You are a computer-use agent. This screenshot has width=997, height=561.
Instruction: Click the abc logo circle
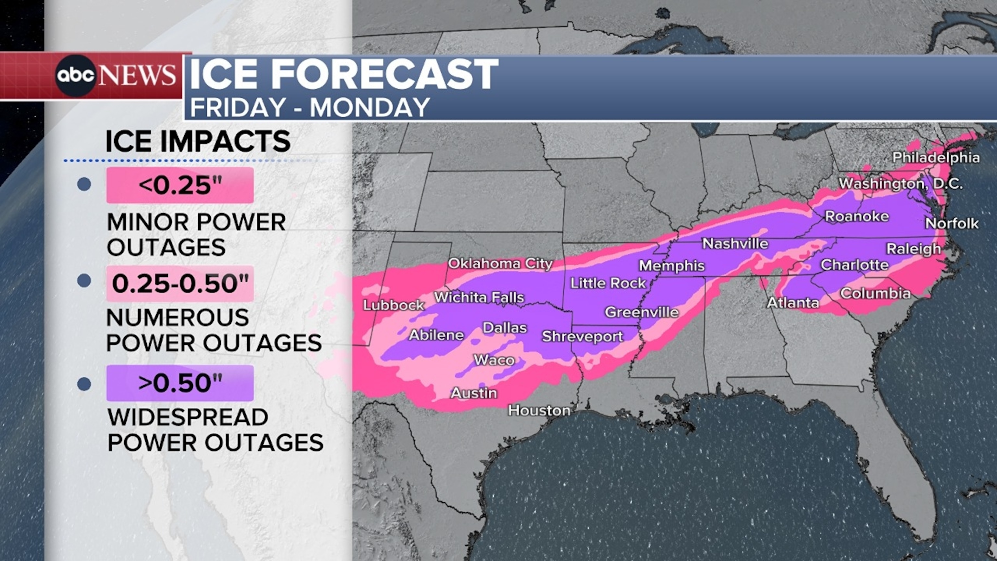tap(76, 76)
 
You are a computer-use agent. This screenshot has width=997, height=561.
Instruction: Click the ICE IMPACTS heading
tap(198, 141)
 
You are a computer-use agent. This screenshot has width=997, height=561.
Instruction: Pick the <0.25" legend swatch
tap(180, 185)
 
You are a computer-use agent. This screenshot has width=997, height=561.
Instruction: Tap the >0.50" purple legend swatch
tap(180, 383)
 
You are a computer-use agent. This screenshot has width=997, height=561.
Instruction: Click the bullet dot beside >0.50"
tap(84, 384)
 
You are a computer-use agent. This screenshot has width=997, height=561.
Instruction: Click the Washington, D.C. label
tap(900, 183)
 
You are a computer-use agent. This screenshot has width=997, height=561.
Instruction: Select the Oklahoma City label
tap(500, 264)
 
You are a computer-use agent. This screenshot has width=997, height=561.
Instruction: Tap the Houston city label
tap(539, 410)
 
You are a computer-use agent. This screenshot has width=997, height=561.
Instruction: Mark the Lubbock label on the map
tap(394, 305)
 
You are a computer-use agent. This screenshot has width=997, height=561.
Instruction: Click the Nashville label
tap(735, 243)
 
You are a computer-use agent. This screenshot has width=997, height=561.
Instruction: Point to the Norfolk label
tap(952, 223)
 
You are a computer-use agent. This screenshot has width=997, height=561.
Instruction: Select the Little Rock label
tap(608, 283)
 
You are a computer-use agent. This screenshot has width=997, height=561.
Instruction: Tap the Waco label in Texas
tap(494, 360)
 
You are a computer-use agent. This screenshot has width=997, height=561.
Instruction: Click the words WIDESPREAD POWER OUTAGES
tap(215, 430)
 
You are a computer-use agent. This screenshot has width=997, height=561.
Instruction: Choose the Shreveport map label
tap(583, 336)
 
